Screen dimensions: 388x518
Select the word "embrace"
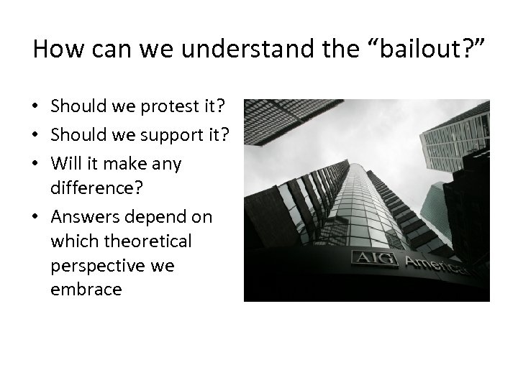point(86,290)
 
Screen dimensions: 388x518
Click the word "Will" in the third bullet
point(63,163)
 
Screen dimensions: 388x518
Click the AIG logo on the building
point(374,258)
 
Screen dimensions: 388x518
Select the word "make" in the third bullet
point(123,163)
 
